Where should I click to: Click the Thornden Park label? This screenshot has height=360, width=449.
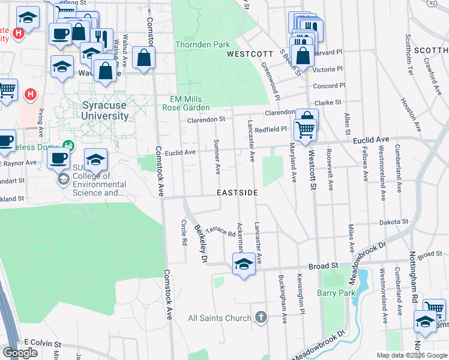202,44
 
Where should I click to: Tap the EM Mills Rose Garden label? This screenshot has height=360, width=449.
185,103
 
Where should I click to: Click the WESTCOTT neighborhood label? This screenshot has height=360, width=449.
246,54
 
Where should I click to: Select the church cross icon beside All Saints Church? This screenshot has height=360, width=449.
261,317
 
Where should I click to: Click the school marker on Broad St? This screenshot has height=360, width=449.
243,264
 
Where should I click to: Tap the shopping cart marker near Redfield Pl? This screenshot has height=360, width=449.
306,128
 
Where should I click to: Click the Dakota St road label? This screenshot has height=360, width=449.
394,222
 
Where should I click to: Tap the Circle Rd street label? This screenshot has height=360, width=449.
184,232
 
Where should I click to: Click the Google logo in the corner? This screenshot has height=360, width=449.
20,353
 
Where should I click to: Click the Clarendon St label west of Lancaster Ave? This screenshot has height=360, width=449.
205,119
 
